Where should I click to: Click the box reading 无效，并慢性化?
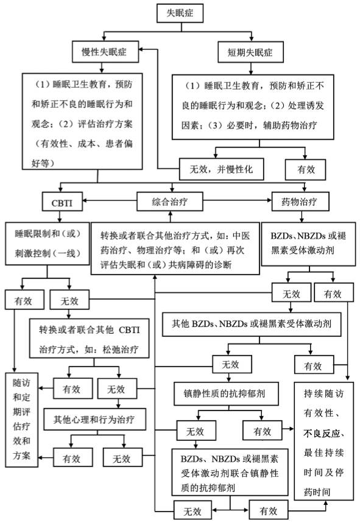[x=221, y=169]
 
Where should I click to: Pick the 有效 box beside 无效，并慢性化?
[x=306, y=169]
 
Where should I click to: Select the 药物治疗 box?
[x=302, y=200]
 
